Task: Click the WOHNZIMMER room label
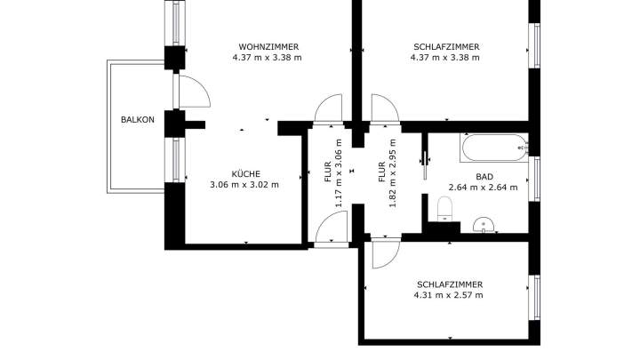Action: point(268,46)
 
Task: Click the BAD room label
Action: point(484,176)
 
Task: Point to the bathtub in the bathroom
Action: point(493,148)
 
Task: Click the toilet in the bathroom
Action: point(446,209)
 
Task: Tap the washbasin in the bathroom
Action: point(484,223)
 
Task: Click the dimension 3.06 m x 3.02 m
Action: point(244,185)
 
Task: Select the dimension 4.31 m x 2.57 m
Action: point(449,295)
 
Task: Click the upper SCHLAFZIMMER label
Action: point(446,46)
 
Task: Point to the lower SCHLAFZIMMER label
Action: point(449,284)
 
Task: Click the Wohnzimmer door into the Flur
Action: point(329,108)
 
